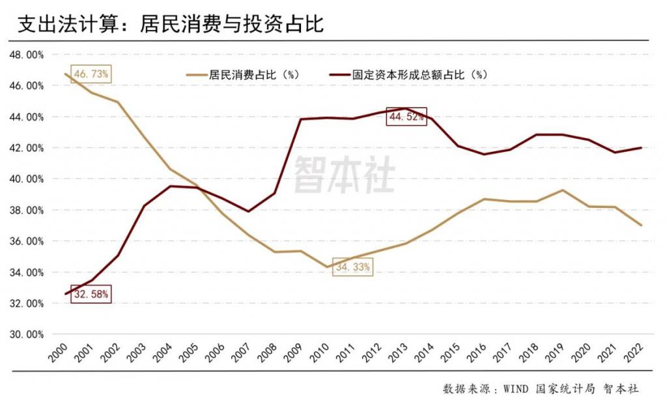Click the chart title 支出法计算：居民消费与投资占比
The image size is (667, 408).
(170, 24)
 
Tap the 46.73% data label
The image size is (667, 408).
(91, 74)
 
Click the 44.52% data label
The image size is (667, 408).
(406, 117)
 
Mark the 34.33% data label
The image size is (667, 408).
(353, 267)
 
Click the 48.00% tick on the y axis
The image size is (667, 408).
(27, 55)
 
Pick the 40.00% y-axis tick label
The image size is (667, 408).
(27, 179)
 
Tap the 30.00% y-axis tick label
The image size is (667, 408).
(27, 334)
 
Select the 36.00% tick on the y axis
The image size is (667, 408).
(27, 241)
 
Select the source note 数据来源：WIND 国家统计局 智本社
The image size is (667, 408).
(541, 388)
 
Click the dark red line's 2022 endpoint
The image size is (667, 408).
(642, 148)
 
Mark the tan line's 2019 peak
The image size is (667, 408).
(563, 190)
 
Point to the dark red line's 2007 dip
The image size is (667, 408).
(248, 211)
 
